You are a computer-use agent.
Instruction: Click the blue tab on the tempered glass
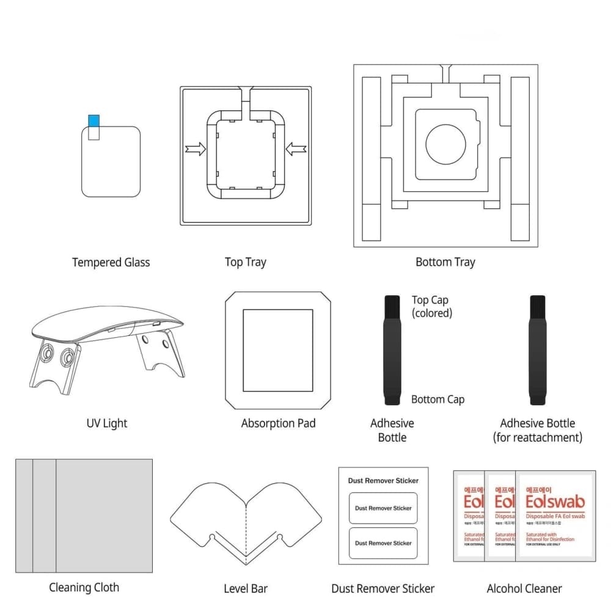(x=94, y=121)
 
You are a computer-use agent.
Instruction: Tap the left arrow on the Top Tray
(x=196, y=149)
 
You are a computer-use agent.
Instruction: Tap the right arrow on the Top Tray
(x=296, y=148)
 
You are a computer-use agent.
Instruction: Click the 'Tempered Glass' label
(x=111, y=263)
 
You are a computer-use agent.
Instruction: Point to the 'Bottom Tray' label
(x=445, y=262)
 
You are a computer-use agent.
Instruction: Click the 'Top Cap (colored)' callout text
(x=431, y=306)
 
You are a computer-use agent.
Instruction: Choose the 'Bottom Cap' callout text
(x=437, y=400)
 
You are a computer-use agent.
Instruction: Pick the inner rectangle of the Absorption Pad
(x=278, y=350)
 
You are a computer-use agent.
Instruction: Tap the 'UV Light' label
(x=107, y=423)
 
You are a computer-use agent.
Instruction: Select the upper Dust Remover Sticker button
(x=383, y=508)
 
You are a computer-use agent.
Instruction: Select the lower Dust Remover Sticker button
(x=383, y=543)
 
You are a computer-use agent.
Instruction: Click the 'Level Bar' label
(x=246, y=589)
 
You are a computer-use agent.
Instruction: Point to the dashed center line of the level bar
(x=246, y=532)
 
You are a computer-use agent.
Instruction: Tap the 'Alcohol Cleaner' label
(x=524, y=589)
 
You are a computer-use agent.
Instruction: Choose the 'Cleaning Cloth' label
(x=84, y=588)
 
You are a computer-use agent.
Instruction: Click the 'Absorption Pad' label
(x=278, y=423)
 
